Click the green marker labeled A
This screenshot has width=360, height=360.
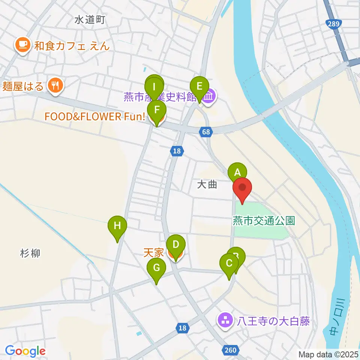(x=237, y=172)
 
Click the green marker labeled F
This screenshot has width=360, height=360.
(x=156, y=110)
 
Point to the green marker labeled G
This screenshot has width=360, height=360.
(x=157, y=268)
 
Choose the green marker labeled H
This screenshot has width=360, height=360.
(x=117, y=226)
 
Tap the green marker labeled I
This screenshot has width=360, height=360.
(x=154, y=85)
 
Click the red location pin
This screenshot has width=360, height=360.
(x=242, y=187)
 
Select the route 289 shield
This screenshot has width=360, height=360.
(x=333, y=24)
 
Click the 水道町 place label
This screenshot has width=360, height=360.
(x=90, y=20)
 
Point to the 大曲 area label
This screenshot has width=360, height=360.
(x=207, y=184)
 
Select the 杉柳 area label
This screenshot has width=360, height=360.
(x=30, y=253)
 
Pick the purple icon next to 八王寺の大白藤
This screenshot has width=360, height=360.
(x=226, y=321)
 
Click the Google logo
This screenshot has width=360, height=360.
(x=25, y=351)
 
